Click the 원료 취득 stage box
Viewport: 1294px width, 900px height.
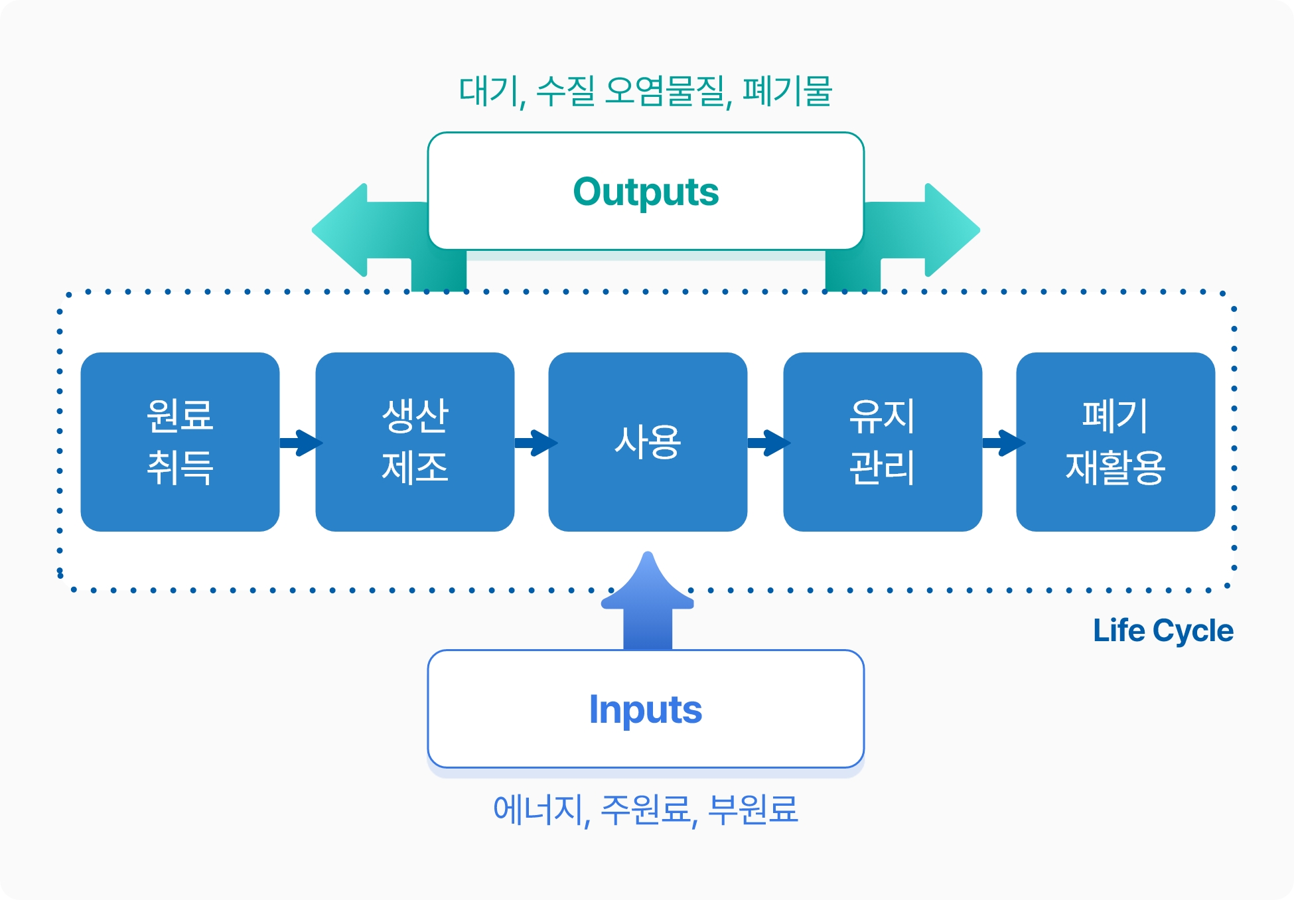click(x=180, y=441)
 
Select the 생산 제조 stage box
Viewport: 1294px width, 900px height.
click(x=415, y=441)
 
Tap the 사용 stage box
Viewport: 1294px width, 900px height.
click(x=648, y=441)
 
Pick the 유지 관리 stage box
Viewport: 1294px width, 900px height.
click(x=883, y=441)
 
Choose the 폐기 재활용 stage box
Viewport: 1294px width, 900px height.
click(x=1115, y=441)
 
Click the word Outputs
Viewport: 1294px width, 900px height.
click(x=646, y=192)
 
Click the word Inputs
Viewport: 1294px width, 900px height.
click(x=646, y=710)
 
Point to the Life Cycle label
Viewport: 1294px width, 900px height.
click(x=1163, y=631)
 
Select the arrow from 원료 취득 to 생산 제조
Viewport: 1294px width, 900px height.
click(x=301, y=443)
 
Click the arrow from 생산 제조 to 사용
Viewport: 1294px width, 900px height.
click(x=536, y=443)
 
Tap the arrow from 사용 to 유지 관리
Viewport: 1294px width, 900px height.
click(x=769, y=443)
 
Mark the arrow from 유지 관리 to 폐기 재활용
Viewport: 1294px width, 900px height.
click(x=1003, y=443)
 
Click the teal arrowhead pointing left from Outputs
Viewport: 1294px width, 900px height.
click(x=340, y=230)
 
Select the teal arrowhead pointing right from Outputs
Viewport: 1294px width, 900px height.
click(x=953, y=230)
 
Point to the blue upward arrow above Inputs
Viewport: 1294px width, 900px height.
click(x=648, y=601)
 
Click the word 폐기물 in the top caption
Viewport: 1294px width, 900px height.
click(x=787, y=91)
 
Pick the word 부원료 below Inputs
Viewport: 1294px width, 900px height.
click(x=753, y=809)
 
